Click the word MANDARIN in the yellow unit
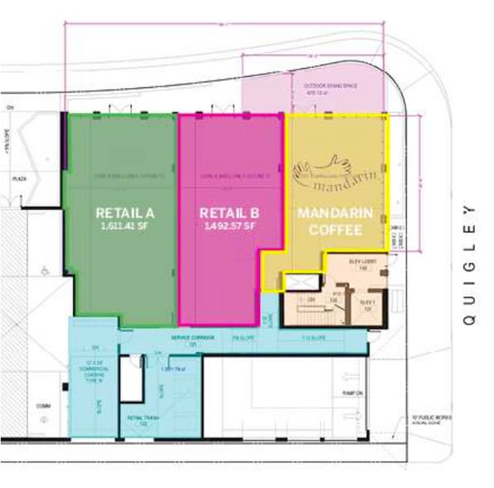pyautogui.click(x=335, y=212)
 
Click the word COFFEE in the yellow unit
pyautogui.click(x=335, y=229)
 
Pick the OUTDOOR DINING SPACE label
pyautogui.click(x=330, y=88)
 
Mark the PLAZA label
pyautogui.click(x=12, y=178)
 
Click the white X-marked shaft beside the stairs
pyautogui.click(x=297, y=282)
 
